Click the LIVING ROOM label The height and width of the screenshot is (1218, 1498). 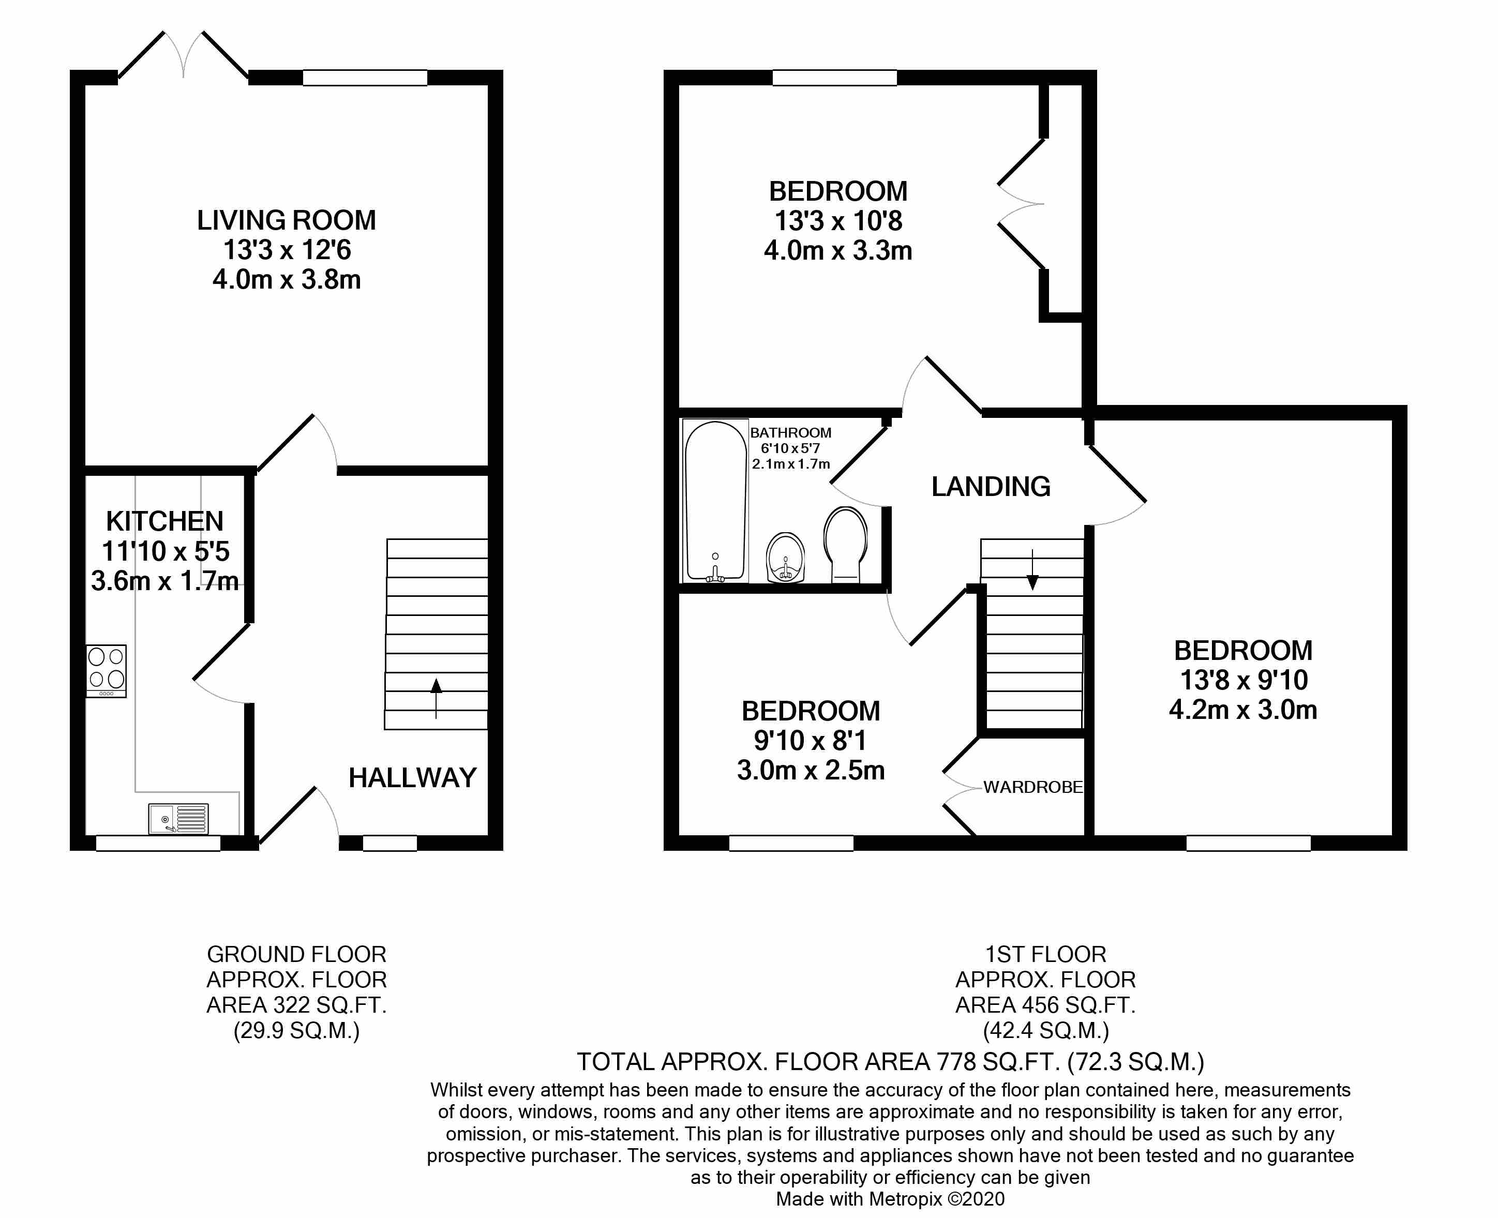pyautogui.click(x=286, y=220)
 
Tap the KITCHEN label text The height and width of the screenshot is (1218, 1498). pyautogui.click(x=165, y=521)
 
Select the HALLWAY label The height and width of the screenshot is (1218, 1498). pyautogui.click(x=413, y=777)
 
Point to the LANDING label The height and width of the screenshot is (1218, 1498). pyautogui.click(x=991, y=486)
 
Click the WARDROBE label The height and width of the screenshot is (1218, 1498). pyautogui.click(x=1033, y=787)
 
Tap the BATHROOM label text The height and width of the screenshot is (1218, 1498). pyautogui.click(x=791, y=433)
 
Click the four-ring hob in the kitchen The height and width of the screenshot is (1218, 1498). pyautogui.click(x=107, y=670)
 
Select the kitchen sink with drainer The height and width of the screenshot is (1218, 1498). pyautogui.click(x=179, y=819)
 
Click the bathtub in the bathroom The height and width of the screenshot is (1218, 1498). pyautogui.click(x=715, y=501)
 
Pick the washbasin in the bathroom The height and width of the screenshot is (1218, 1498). pyautogui.click(x=786, y=558)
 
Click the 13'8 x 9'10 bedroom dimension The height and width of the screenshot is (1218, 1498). pyautogui.click(x=1244, y=680)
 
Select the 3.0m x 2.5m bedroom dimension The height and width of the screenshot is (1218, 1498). pyautogui.click(x=811, y=771)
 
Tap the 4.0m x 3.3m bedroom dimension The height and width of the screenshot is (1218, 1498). pyautogui.click(x=838, y=250)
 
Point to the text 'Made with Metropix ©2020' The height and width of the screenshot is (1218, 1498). pyautogui.click(x=890, y=1199)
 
